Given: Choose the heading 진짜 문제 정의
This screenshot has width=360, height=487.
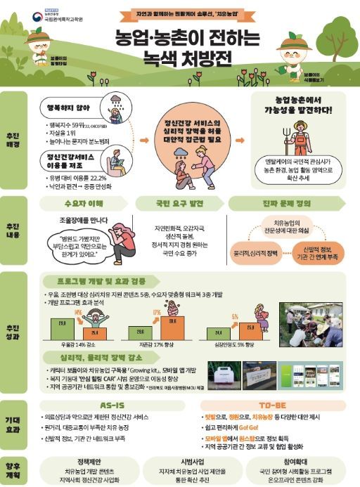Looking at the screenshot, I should coord(275,204).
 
